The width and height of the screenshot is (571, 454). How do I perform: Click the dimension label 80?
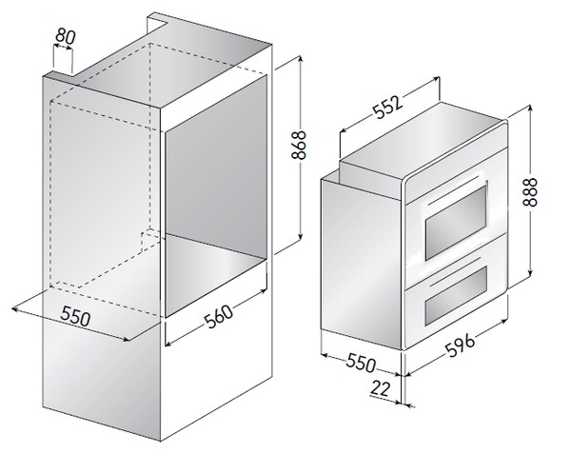pos(66,36)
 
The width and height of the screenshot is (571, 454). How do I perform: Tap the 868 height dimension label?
pos(299,145)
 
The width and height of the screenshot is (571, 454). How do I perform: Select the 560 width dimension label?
pos(218,316)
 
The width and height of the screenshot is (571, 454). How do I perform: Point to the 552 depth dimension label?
pos(389,107)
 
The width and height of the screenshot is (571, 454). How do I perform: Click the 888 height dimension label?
pos(530,192)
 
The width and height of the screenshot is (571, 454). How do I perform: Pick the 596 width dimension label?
pos(461,345)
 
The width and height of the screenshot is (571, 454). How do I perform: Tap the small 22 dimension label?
pos(380,388)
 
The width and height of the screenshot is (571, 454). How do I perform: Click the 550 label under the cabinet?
pos(75,316)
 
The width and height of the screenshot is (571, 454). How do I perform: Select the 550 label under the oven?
pos(360,363)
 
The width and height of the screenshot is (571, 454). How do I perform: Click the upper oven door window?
pos(456,223)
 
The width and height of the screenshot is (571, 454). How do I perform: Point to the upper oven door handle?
pos(454,189)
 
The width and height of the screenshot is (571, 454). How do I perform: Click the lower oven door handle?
pos(455,270)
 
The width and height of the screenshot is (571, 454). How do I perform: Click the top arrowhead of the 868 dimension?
pos(300,58)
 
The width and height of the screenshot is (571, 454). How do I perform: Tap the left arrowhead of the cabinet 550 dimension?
pos(15,310)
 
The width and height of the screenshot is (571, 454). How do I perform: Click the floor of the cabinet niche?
pos(215,269)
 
